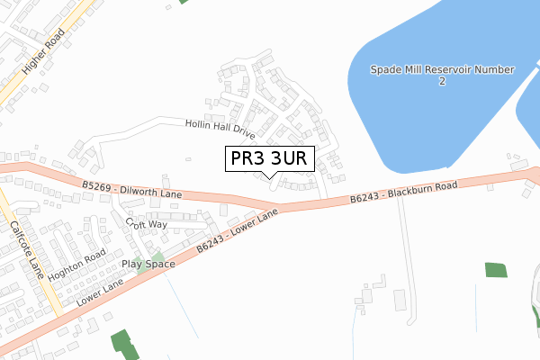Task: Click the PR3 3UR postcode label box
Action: (269, 158)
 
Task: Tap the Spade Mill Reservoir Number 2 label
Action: (442, 75)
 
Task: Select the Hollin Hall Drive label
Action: (221, 129)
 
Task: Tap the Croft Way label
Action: (147, 223)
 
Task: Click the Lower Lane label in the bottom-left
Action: (98, 291)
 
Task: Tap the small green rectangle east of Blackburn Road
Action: (496, 269)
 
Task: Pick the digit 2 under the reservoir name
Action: (442, 82)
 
